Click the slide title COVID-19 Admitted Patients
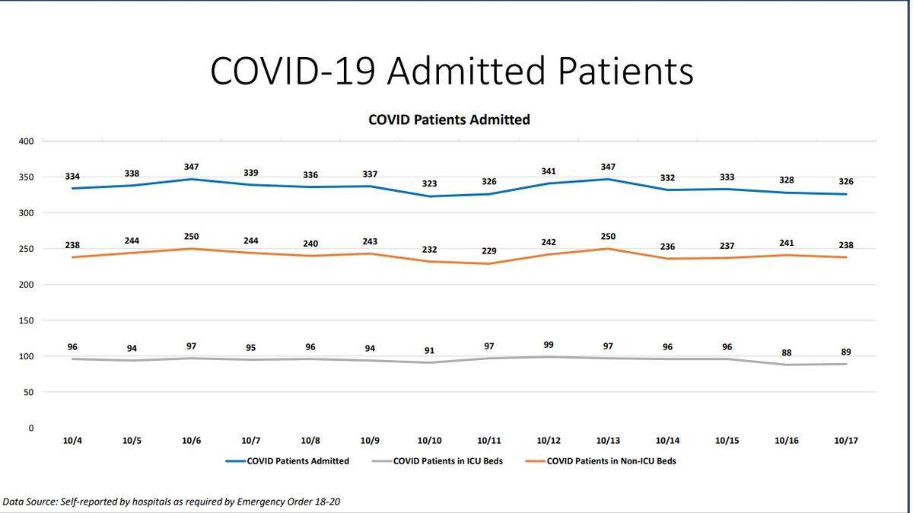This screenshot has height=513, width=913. pos(451,71)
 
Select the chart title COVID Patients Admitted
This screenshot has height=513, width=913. pos(449,119)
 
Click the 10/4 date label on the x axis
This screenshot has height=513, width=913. pos(72,441)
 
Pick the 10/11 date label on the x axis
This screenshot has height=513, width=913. pos(488,441)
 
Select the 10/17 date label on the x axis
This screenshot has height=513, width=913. pos(846,441)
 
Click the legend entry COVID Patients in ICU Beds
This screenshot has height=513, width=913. pos(447,460)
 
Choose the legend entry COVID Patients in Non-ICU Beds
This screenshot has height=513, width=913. pos(611,460)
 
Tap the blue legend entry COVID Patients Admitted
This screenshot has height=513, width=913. pos(298,460)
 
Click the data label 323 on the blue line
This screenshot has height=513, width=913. pos(429,184)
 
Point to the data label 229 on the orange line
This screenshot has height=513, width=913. pos(488,252)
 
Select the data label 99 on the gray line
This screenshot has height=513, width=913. pos(549,345)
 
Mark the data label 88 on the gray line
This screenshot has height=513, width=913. pos(787,352)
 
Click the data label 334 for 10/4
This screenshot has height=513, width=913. pos(72,177)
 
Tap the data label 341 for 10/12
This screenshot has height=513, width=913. pos(549,171)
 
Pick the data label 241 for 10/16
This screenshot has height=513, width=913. pos(787,244)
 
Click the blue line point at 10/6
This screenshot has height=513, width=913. pos(191,179)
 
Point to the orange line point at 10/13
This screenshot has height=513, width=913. pos(608,248)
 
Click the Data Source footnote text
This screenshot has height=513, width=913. pos(177,502)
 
